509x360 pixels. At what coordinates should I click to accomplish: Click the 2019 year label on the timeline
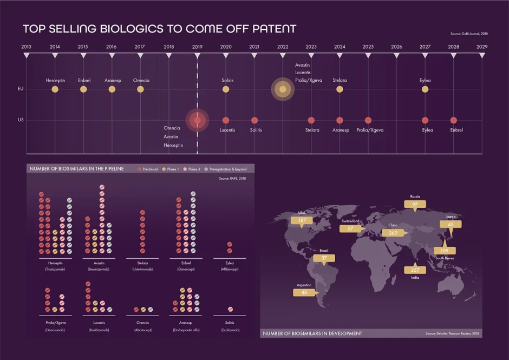point(197,47)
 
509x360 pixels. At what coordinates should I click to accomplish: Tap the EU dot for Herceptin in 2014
point(55,89)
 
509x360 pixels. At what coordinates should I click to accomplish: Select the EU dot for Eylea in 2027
point(425,89)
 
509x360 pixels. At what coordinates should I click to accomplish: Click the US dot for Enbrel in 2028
point(454,120)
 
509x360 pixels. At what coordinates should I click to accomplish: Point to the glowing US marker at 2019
point(197,120)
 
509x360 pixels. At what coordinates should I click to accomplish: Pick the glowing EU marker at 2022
point(283,89)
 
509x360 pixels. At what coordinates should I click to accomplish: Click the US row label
point(21,120)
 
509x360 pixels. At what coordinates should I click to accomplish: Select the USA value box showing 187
point(302,221)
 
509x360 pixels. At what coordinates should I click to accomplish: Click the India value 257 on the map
point(415,270)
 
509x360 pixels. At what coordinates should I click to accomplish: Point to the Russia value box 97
point(415,205)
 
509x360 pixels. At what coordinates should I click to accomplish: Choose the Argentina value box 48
point(304,292)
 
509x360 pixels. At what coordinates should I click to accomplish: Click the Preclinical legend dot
point(140,169)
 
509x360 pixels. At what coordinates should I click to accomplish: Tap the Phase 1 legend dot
point(164,169)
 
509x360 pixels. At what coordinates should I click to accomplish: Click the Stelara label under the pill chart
point(143,264)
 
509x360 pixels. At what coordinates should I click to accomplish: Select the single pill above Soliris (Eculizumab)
point(230,310)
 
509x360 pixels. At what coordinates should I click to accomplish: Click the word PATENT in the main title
point(269,28)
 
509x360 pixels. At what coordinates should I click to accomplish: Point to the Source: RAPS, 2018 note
point(232,179)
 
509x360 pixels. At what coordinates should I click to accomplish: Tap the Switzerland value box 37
point(350,228)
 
